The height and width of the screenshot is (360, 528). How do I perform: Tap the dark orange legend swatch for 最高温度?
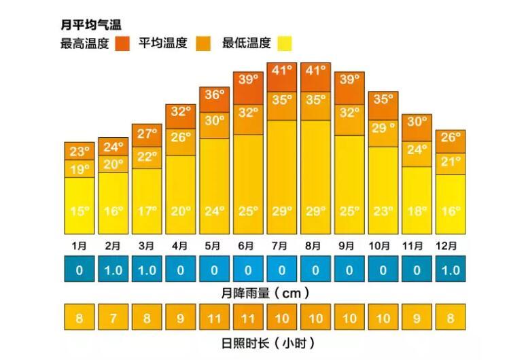pos(122,43)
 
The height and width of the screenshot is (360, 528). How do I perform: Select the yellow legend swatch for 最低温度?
pos(283,43)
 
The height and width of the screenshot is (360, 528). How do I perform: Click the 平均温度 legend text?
pos(162,43)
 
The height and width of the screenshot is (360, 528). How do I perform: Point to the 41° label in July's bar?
pos(281,69)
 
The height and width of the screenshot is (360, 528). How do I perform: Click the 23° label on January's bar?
pos(80,151)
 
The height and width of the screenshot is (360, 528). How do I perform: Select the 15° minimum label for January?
pos(80,211)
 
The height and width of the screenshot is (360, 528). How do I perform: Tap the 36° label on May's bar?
pos(214,95)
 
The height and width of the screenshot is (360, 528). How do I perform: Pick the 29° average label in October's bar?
pos(383,128)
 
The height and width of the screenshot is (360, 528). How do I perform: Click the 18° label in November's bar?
pos(417,211)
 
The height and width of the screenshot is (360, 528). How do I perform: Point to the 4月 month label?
pos(180,245)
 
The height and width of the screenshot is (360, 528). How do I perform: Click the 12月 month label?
pos(450,245)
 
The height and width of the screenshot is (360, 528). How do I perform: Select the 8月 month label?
pos(315,245)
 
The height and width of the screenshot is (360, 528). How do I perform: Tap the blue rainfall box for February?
pos(113,270)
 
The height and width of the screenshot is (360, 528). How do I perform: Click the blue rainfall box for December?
pos(450,270)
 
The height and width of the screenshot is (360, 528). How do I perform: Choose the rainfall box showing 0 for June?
pos(247,270)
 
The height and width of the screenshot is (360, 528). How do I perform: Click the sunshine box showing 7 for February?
pos(113,317)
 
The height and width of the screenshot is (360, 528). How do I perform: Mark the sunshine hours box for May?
pos(214,317)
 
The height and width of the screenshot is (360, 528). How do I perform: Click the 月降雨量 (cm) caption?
pos(266,293)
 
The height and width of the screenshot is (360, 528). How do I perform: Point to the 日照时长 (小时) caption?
pos(266,342)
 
